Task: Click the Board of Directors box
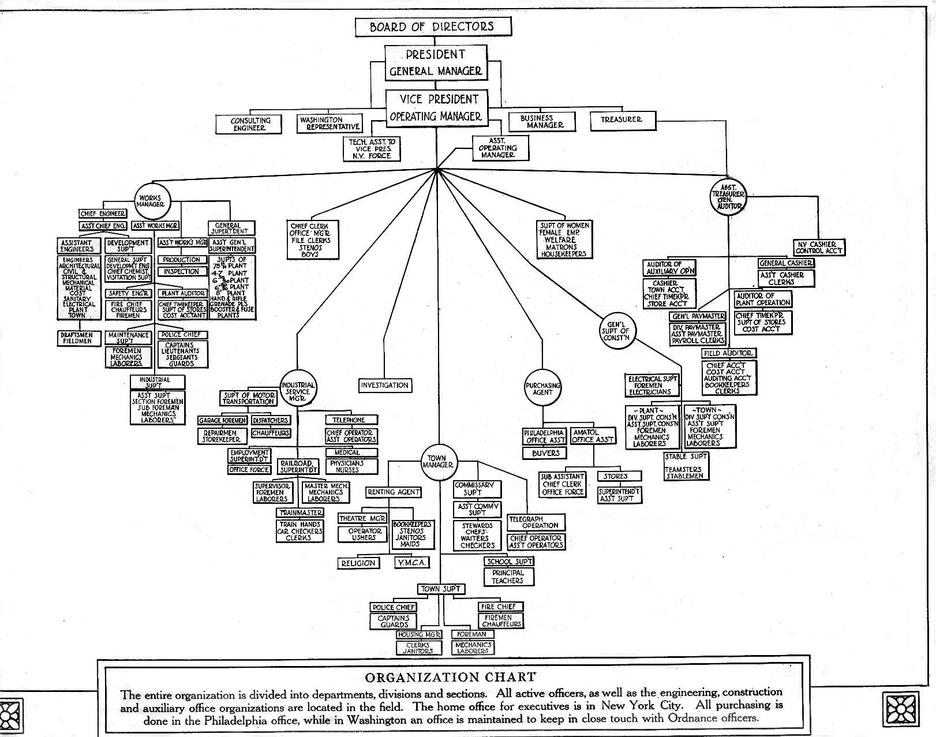click(x=432, y=27)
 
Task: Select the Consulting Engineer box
click(x=249, y=124)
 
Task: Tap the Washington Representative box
click(x=330, y=124)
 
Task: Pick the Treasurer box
click(x=621, y=119)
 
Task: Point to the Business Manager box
click(x=542, y=121)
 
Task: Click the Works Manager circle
click(x=152, y=201)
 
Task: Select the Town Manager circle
click(x=437, y=462)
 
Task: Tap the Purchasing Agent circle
click(x=542, y=388)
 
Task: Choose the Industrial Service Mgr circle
click(x=298, y=391)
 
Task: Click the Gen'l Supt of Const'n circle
click(x=616, y=331)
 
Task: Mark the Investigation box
click(x=384, y=385)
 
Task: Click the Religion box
click(x=358, y=563)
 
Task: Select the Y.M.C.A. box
click(x=412, y=563)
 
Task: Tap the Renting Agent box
click(x=393, y=492)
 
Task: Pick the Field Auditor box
click(x=729, y=353)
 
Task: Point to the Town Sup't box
click(x=441, y=589)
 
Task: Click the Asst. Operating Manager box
click(x=497, y=148)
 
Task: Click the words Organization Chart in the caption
click(x=451, y=677)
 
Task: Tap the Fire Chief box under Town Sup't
click(x=500, y=607)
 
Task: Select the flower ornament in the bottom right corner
click(x=900, y=708)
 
